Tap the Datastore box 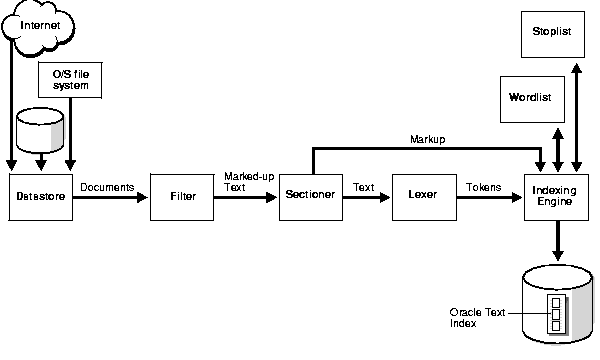click(x=41, y=197)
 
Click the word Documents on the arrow click(x=107, y=186)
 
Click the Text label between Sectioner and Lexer click(x=364, y=186)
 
